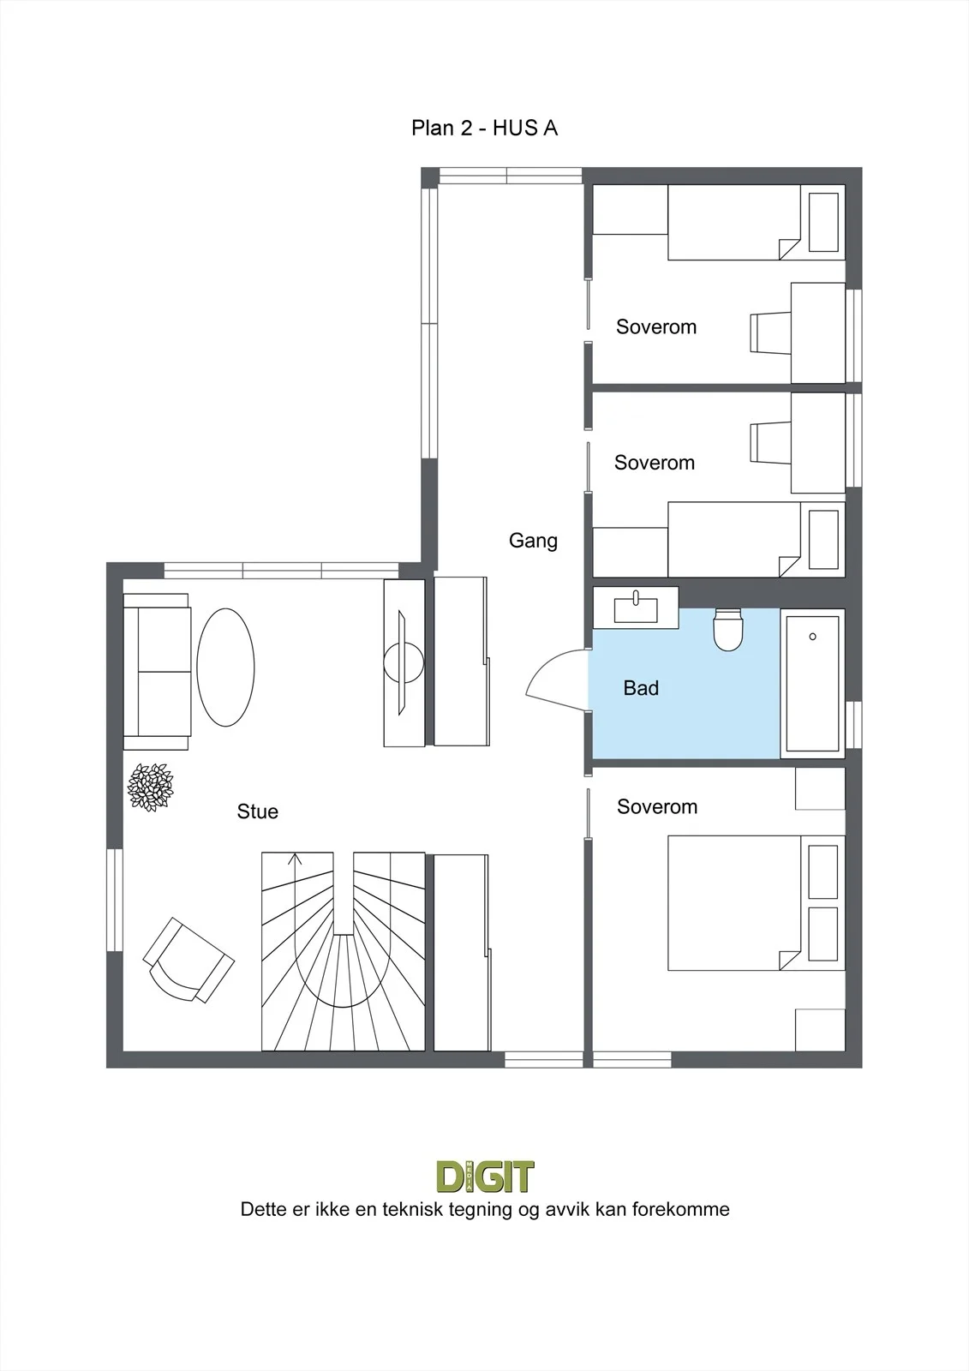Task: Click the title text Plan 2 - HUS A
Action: tap(484, 128)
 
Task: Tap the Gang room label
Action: tap(533, 541)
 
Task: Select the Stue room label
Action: tap(258, 811)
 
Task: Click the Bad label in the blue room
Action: tap(641, 688)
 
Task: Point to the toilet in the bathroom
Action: tap(728, 629)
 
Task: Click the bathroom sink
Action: tap(636, 608)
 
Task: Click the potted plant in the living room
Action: tap(151, 787)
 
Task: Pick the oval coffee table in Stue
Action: tap(225, 668)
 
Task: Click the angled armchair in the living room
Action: tap(188, 960)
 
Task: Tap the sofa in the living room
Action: tap(158, 672)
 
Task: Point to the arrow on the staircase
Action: tap(295, 859)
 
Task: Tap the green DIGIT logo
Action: tap(485, 1176)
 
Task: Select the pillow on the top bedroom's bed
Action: tap(823, 222)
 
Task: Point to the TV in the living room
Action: tap(403, 663)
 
